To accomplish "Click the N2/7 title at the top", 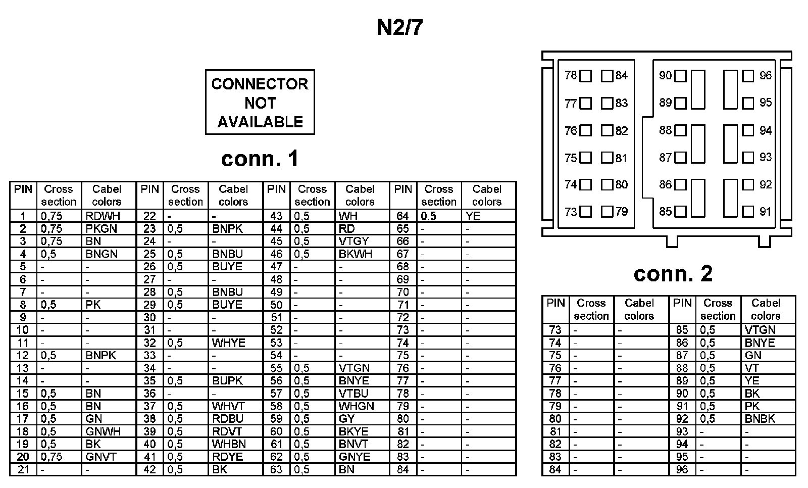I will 399,28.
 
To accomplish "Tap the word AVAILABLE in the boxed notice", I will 260,122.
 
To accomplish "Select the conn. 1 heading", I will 260,159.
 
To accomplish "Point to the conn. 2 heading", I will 673,273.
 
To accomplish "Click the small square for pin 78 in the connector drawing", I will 585,76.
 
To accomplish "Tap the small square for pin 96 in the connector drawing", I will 748,76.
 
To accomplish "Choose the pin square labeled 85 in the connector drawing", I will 680,212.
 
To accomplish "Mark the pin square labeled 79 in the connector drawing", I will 607,212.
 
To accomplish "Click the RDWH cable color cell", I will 103,216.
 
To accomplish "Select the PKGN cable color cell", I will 102,229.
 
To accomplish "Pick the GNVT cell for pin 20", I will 101,457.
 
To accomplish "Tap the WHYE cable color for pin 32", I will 228,343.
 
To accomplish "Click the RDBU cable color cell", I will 228,419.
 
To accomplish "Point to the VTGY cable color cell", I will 354,241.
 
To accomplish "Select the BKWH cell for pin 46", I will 356,254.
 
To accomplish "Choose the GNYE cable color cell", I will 355,457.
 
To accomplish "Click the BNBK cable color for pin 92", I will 760,419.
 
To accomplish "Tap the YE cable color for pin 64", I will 473,216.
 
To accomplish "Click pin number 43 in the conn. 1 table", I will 276,216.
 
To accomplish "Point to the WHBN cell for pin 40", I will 229,444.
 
